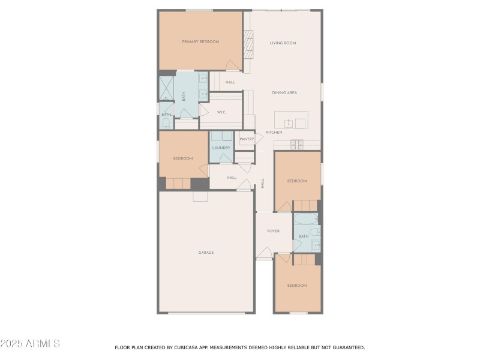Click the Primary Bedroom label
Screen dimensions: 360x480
pos(200,42)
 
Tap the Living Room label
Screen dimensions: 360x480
pos(282,43)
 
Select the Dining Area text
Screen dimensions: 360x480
pos(284,93)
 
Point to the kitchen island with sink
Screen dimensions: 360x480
pos(291,119)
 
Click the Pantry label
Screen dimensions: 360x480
pos(247,139)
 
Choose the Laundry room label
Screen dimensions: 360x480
pos(221,148)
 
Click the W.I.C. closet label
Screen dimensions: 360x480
pos(221,112)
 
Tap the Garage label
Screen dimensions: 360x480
pos(206,253)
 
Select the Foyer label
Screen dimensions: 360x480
pos(273,231)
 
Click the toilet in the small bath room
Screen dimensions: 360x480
pos(166,124)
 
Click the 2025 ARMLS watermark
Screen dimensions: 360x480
pos(30,344)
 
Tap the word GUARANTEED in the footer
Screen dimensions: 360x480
pos(344,347)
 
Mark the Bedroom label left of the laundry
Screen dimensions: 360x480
pos(183,158)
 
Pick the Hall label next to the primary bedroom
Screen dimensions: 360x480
pos(230,82)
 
